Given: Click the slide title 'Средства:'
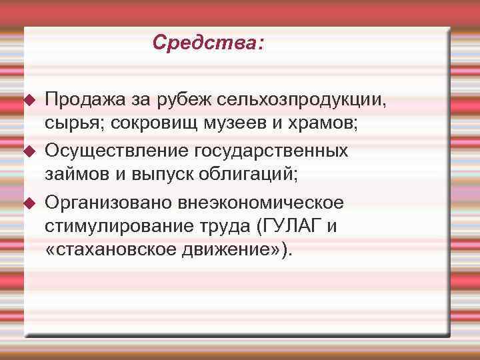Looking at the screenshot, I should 207,43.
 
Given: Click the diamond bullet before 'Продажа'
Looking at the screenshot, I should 29,101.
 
